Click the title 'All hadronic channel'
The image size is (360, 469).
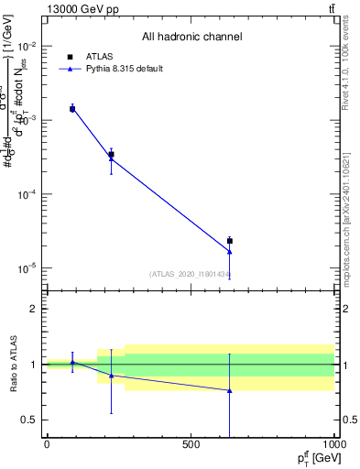[x=191, y=37]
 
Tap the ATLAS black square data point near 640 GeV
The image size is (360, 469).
[x=230, y=241]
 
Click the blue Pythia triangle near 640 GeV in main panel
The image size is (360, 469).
[x=230, y=251]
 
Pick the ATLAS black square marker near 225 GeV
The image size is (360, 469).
[x=111, y=155]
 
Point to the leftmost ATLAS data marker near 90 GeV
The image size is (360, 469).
[x=72, y=109]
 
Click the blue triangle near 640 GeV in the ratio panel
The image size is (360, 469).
[x=230, y=390]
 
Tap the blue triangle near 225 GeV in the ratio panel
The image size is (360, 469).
[x=111, y=376]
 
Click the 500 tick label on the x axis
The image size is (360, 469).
[x=191, y=445]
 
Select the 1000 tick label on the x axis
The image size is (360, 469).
[x=333, y=445]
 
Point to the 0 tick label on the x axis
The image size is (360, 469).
[x=47, y=445]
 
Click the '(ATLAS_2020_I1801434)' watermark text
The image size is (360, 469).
[x=190, y=274]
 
